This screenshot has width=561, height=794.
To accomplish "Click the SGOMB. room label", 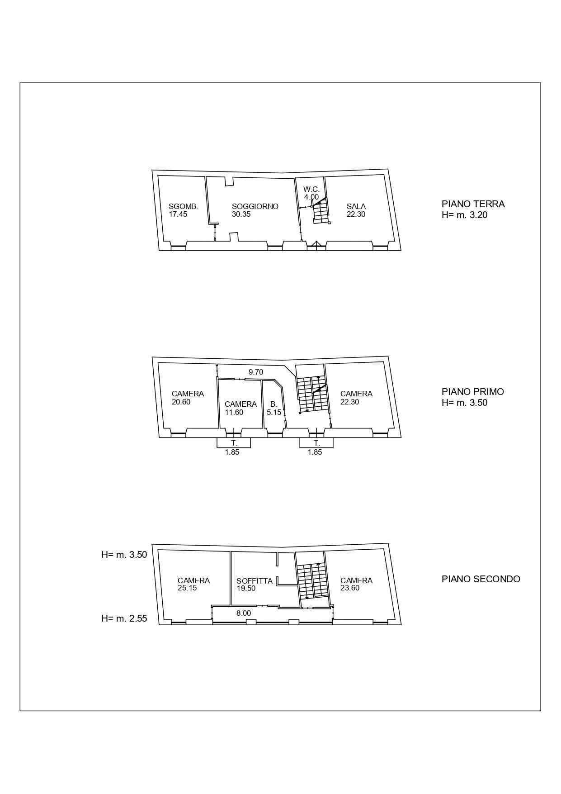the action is pos(183,206).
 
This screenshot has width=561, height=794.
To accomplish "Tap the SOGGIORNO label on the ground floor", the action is pos(255,206).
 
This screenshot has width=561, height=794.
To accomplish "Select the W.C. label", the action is pos(311,189).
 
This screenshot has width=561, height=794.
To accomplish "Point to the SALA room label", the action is pos(356,206).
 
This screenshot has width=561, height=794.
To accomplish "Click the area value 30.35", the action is pos(241,214).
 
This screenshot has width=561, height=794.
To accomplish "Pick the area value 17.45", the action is pos(178,214).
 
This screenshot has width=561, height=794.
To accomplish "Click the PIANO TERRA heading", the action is pos(473,204).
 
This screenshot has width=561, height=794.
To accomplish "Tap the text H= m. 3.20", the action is pos(465,215).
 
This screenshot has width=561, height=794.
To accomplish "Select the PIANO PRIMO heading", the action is pos(473,392).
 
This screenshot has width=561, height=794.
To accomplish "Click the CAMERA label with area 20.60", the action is pos(188,394).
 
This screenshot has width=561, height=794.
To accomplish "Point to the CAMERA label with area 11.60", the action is pos(240,404).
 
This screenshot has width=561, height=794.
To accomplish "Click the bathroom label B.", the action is pos(273,404).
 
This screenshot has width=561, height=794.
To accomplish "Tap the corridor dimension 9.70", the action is pos(256,372).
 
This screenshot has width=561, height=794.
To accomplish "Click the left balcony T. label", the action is pos(234,443).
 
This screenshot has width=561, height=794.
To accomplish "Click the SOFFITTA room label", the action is pos(255,581).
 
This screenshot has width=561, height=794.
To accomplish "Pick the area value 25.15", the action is pos(187,589).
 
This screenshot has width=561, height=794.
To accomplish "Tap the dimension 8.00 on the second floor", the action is pos(244,613).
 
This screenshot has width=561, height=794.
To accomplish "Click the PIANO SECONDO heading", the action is pos(481,579).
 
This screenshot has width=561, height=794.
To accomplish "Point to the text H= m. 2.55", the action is pos(124,619).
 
